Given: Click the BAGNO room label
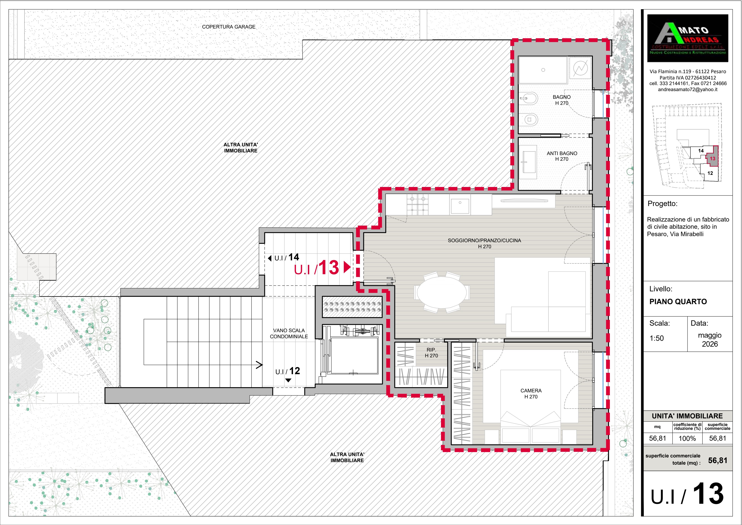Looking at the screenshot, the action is (x=562, y=100).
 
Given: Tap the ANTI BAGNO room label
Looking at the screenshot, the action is (x=562, y=156).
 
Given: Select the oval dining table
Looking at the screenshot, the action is (x=442, y=293).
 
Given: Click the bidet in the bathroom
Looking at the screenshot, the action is (x=529, y=97).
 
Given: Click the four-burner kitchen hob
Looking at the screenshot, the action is (x=418, y=205).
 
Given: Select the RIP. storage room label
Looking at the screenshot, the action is (x=431, y=353).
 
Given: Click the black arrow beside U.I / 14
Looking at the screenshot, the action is (x=270, y=258).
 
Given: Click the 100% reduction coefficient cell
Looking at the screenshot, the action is (x=687, y=439).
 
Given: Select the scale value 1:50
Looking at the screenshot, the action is (x=657, y=338).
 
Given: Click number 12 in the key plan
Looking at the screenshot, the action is (x=710, y=173).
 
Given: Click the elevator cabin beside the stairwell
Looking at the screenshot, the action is (x=354, y=356).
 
